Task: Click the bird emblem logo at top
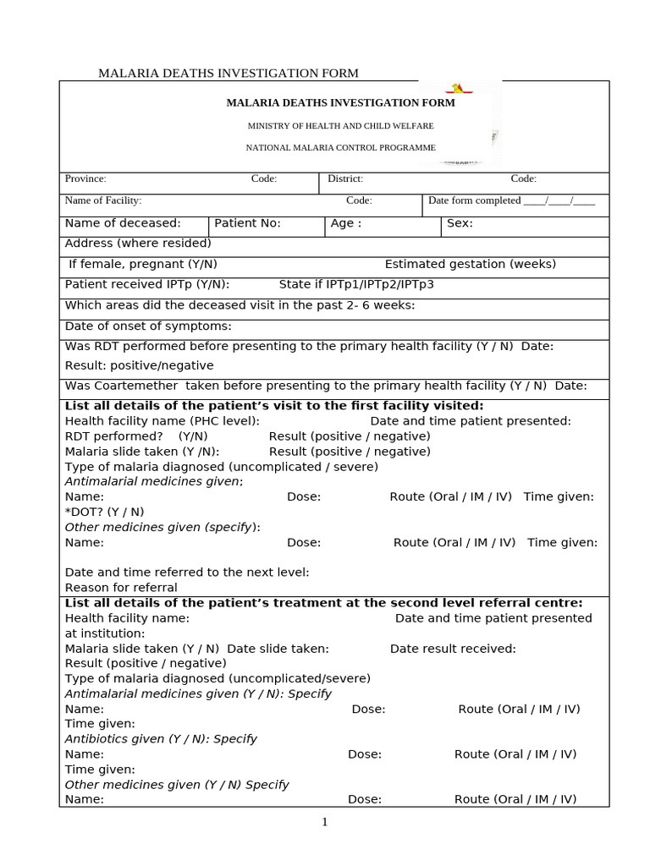pos(459,89)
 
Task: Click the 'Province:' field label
pos(85,179)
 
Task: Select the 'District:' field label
pos(345,179)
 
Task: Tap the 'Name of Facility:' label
pos(103,201)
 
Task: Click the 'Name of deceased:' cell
pos(123,224)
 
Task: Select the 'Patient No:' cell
pos(247,224)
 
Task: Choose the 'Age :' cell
pos(346,224)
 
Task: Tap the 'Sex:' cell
pos(460,224)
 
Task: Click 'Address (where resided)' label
pos(138,244)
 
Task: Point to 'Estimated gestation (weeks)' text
pos(471,265)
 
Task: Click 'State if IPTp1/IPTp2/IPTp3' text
pos(356,285)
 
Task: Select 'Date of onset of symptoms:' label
pos(148,326)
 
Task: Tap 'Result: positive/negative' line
pos(140,366)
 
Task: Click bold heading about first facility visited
pos(274,406)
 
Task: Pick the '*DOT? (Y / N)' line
pos(105,512)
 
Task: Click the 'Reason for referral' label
pos(121,588)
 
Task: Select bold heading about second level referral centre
pos(324,603)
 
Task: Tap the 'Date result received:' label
pos(453,649)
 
